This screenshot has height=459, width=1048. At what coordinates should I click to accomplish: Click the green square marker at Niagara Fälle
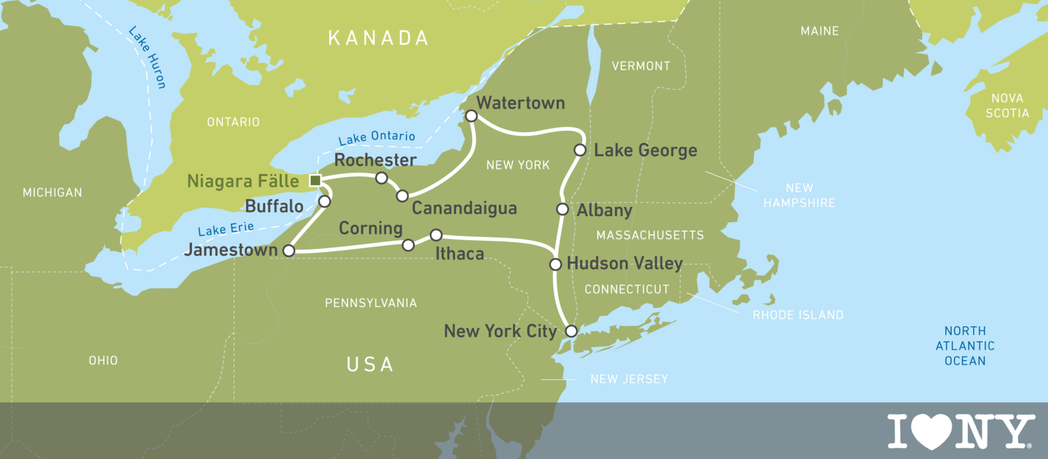[316, 181]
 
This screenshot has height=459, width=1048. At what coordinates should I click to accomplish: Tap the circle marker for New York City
[572, 331]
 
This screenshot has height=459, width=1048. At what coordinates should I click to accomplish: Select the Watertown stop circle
[472, 116]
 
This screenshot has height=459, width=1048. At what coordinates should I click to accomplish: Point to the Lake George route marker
[580, 150]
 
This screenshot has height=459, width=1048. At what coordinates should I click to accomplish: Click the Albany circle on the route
[562, 209]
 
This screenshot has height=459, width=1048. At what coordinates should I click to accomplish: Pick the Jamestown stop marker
[289, 250]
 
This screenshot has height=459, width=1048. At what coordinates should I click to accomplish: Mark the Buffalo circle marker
[325, 201]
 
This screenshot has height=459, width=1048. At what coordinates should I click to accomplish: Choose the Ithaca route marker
[436, 235]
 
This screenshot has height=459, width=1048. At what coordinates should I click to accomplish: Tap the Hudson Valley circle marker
[555, 264]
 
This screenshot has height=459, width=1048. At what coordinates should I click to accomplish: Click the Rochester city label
[376, 160]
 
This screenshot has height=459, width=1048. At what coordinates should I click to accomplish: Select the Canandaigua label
[464, 209]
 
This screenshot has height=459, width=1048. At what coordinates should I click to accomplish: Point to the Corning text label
[371, 228]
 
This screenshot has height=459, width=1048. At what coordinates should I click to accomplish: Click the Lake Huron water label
[148, 57]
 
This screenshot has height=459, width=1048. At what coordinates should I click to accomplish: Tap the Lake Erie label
[226, 229]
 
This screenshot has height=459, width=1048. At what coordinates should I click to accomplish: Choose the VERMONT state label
[641, 66]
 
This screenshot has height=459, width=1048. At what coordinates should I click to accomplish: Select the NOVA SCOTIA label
[1007, 106]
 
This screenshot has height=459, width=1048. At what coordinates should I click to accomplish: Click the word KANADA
[379, 38]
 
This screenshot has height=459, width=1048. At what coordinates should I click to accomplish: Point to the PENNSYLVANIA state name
[371, 303]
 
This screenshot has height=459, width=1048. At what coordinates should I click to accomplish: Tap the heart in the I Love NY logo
[932, 431]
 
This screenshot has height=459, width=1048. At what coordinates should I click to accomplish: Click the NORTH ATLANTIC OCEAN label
[965, 346]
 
